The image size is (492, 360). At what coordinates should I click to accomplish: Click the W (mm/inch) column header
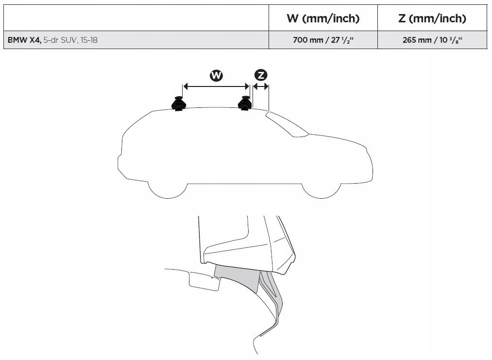tap(323, 18)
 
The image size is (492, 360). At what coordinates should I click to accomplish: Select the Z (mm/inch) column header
tap(432, 18)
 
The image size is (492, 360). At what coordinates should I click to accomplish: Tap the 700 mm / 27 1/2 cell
tap(323, 40)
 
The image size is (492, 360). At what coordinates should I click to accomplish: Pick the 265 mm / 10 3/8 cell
tap(432, 40)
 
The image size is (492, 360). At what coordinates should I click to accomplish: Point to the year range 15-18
tap(89, 40)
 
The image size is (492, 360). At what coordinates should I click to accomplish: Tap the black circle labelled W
tap(216, 75)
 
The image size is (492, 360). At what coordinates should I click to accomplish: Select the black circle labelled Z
tap(261, 75)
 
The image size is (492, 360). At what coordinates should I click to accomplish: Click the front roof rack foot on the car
tap(244, 103)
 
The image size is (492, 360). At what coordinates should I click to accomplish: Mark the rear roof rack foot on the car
tap(178, 103)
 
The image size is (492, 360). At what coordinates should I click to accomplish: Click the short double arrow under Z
tap(261, 87)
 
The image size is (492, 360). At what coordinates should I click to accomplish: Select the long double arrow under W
tap(216, 87)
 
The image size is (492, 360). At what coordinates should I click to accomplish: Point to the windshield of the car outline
tap(289, 124)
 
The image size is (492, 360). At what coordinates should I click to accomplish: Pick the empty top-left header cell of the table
tap(136, 18)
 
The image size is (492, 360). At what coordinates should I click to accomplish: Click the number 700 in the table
tap(300, 40)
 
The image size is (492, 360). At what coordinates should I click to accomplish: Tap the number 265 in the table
tap(409, 40)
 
